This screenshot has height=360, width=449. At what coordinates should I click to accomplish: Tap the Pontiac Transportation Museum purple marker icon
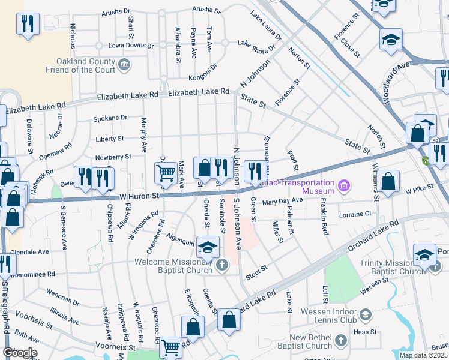click(344, 186)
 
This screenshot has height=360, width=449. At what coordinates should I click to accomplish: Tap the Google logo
click(20, 353)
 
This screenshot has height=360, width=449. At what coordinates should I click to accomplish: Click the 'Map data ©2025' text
click(423, 355)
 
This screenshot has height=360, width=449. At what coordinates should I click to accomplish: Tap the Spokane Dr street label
click(110, 118)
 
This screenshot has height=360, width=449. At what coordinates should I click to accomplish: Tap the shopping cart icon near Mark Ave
click(165, 173)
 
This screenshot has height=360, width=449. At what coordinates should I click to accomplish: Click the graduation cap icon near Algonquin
click(207, 247)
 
